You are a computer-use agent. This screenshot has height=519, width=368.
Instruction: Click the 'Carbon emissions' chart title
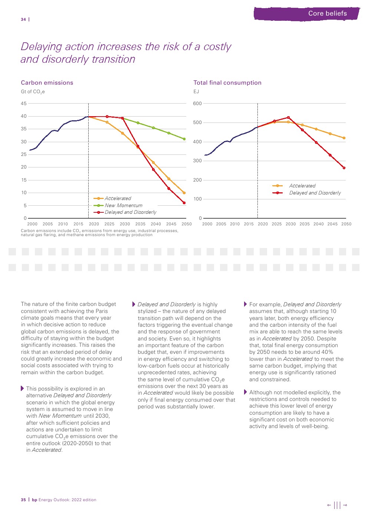pyautogui.click(x=47, y=83)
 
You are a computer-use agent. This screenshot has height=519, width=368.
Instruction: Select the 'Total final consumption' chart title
pyautogui.click(x=227, y=83)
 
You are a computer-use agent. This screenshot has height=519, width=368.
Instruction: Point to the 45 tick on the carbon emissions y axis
pyautogui.click(x=24, y=104)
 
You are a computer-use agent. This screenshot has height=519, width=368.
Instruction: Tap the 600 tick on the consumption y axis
pyautogui.click(x=197, y=104)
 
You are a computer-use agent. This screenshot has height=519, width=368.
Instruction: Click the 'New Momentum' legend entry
pyautogui.click(x=123, y=205)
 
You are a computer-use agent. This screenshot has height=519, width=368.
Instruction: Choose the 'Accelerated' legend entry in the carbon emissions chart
pyautogui.click(x=118, y=198)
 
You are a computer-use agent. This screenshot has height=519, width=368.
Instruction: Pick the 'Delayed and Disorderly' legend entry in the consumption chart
pyautogui.click(x=315, y=193)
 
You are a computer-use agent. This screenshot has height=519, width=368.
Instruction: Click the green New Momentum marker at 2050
pyautogui.click(x=184, y=139)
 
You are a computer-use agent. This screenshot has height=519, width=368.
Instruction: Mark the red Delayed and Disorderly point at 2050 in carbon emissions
pyautogui.click(x=184, y=203)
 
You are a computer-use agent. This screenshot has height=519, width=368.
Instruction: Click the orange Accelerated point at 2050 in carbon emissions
pyautogui.click(x=184, y=193)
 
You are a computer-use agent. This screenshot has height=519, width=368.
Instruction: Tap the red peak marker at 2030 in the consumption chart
pyautogui.click(x=288, y=118)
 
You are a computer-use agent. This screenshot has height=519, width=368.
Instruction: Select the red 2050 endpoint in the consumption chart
pyautogui.click(x=344, y=168)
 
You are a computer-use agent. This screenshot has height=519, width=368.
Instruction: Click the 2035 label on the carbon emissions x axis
pyautogui.click(x=140, y=224)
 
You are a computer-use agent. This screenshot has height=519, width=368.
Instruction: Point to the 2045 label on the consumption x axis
pyautogui.click(x=332, y=224)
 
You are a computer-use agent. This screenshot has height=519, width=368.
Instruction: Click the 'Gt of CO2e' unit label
pyautogui.click(x=33, y=92)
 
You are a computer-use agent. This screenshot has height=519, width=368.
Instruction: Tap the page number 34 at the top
pyautogui.click(x=23, y=19)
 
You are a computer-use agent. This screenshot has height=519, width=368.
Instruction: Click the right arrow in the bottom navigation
pyautogui.click(x=345, y=505)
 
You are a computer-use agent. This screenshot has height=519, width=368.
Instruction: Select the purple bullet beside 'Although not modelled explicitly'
pyautogui.click(x=245, y=392)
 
